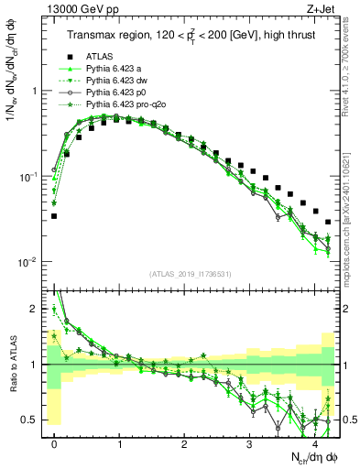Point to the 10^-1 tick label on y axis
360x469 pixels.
(x=33, y=176)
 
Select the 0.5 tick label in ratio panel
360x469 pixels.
(x=35, y=420)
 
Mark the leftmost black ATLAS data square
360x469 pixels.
(x=54, y=216)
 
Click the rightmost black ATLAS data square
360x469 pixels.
(x=328, y=222)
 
